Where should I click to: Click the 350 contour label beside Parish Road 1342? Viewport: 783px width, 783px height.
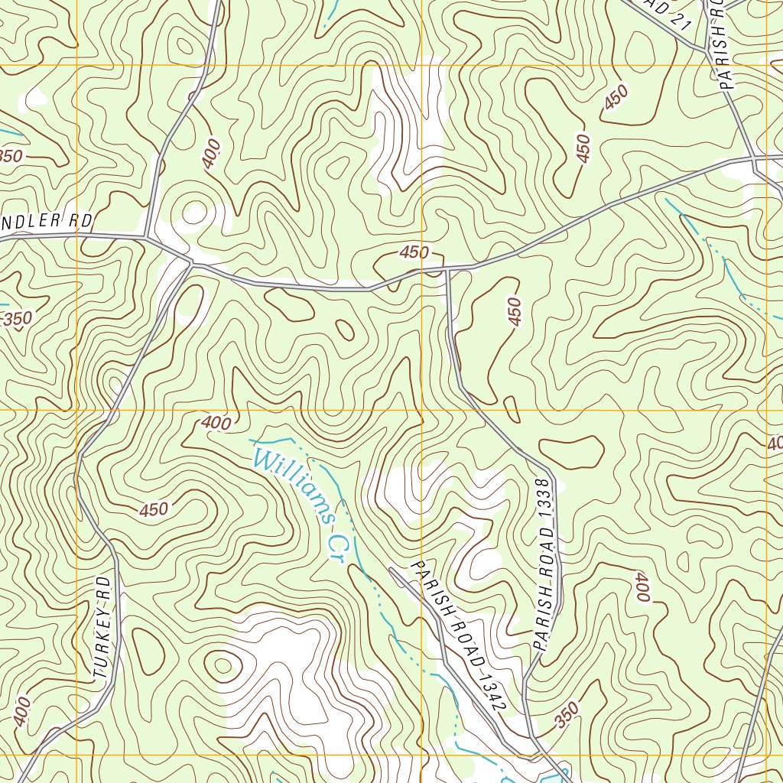[567, 715]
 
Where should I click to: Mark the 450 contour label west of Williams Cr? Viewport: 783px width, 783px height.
[154, 509]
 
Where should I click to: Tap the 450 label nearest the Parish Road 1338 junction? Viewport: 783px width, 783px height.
[414, 252]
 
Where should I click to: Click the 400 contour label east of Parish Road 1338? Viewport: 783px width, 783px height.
[641, 587]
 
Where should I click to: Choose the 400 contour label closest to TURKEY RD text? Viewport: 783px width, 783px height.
[22, 711]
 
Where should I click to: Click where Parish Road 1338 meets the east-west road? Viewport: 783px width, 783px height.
[448, 269]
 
